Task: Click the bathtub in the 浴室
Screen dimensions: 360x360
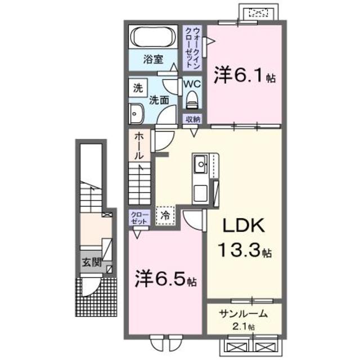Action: pos(153,38)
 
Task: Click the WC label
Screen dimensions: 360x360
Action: pos(192,83)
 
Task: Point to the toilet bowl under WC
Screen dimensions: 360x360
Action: pos(192,100)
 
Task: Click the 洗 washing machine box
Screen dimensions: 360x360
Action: pos(137,88)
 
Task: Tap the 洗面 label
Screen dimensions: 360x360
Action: pos(159,100)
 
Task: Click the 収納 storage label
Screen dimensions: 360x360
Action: pos(192,118)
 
